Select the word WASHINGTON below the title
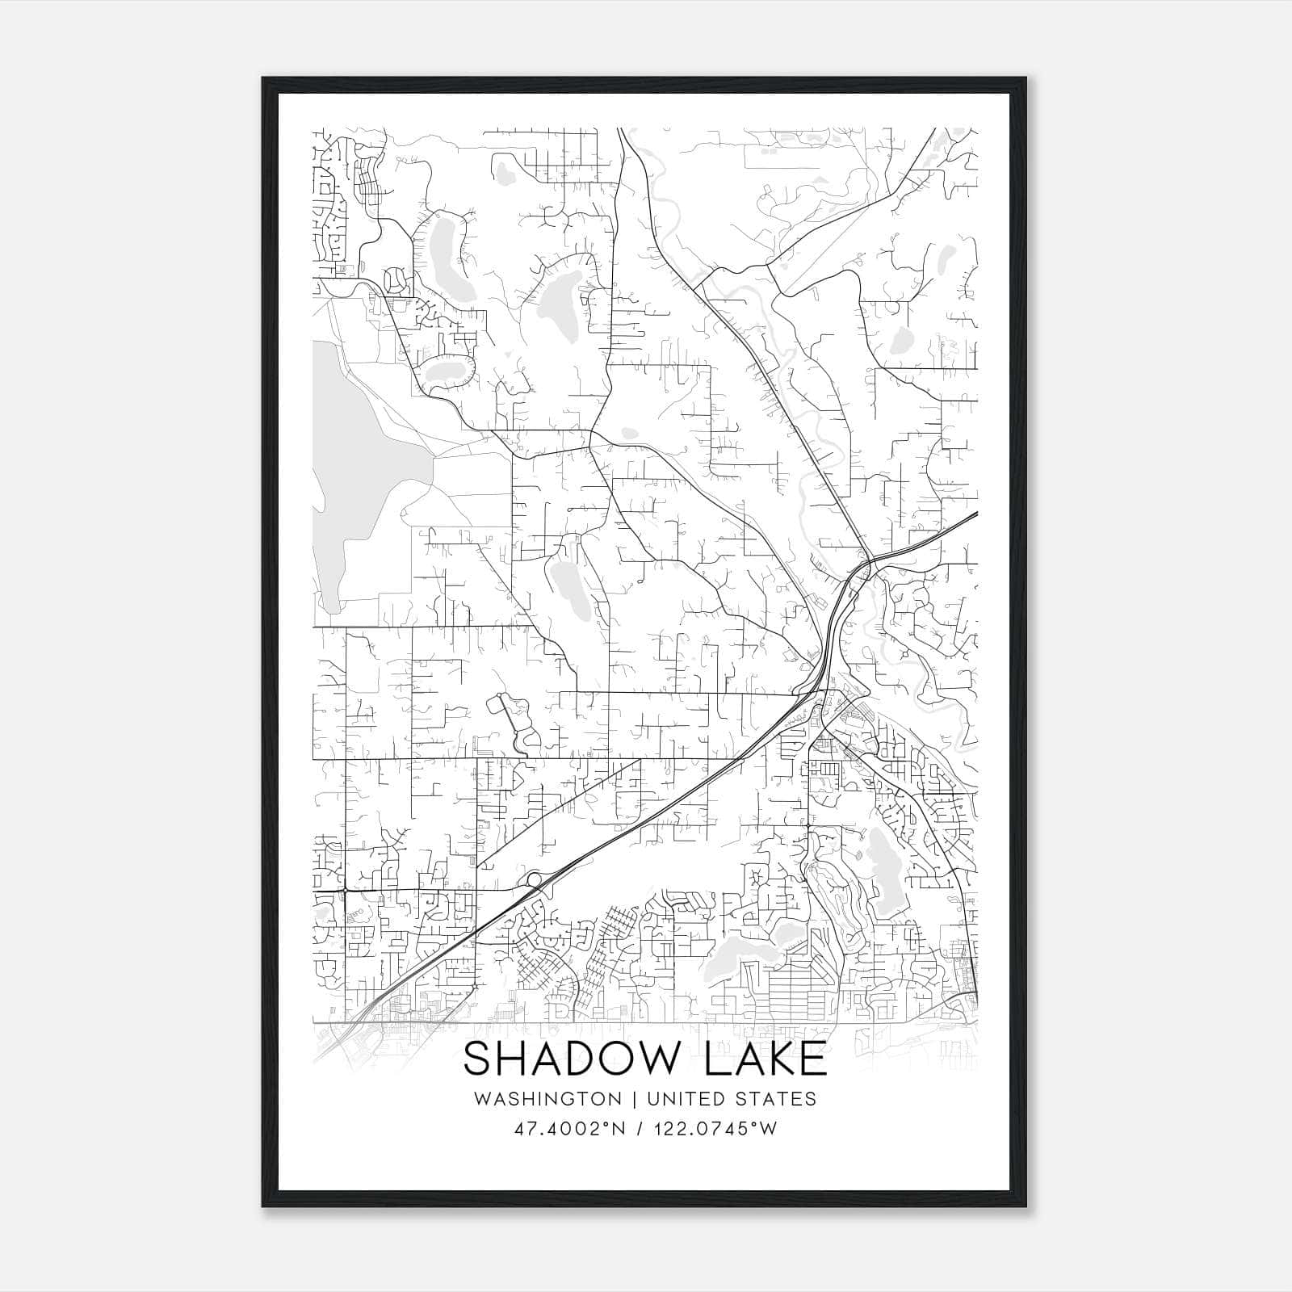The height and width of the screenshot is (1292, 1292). [547, 1099]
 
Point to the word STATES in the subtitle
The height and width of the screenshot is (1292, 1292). [776, 1099]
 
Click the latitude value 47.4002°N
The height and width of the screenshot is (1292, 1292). [571, 1129]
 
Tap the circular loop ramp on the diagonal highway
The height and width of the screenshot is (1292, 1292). [533, 879]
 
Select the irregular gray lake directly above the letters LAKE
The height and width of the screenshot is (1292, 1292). [743, 953]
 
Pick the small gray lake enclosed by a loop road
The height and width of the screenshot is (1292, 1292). [443, 371]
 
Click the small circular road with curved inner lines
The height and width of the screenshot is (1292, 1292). [395, 279]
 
